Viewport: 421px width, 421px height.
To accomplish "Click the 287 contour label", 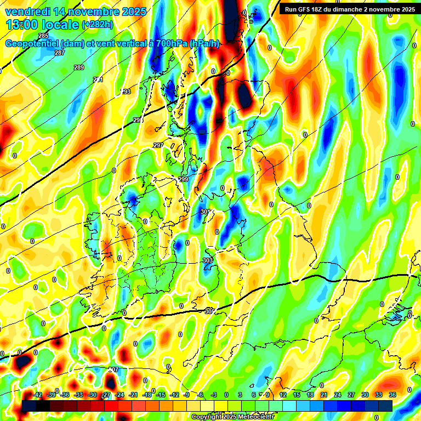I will pyautogui.click(x=60, y=53).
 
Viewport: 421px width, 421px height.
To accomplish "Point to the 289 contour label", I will pyautogui.click(x=79, y=67).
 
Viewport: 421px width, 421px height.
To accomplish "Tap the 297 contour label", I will pyautogui.click(x=158, y=145).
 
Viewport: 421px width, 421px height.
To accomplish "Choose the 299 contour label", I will pyautogui.click(x=183, y=180).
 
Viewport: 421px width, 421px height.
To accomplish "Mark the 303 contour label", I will pyautogui.click(x=208, y=260).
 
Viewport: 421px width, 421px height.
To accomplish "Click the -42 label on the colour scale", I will pyautogui.click(x=38, y=395).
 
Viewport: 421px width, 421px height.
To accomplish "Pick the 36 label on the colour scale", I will pyautogui.click(x=392, y=395).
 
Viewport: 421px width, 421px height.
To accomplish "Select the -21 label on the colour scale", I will pyautogui.click(x=133, y=395).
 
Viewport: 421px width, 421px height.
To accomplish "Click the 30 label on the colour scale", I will pyautogui.click(x=365, y=395).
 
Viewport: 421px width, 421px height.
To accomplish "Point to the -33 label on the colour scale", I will pyautogui.click(x=79, y=395).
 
